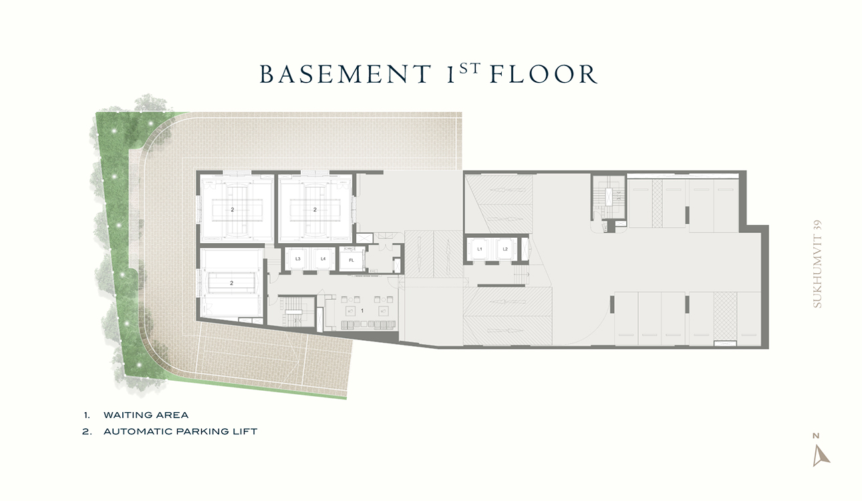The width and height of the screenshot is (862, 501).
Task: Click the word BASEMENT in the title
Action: (345, 74)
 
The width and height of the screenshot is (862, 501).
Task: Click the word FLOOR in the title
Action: (544, 74)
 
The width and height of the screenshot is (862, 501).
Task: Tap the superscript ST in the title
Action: (470, 68)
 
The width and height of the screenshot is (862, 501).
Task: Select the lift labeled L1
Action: (480, 249)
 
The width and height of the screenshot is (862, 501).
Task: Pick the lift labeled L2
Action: (505, 249)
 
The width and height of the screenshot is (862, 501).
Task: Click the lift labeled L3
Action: (297, 259)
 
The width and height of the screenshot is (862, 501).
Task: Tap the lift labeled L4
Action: (323, 259)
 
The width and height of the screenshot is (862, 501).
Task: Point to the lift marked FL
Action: (351, 261)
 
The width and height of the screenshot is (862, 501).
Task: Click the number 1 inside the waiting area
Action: (362, 311)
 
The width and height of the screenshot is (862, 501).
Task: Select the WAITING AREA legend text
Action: (146, 415)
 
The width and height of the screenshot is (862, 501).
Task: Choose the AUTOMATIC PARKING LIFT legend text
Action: (180, 432)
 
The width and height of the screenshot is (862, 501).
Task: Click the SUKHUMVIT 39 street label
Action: (817, 264)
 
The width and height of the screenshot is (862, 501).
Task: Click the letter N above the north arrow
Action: (816, 436)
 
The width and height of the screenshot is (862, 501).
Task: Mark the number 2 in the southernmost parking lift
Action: (232, 283)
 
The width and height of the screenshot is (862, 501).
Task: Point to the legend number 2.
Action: (87, 432)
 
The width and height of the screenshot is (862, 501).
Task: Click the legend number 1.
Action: (87, 415)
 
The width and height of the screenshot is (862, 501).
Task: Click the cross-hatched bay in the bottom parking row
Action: (725, 317)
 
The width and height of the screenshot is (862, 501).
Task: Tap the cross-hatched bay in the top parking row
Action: (658, 203)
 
